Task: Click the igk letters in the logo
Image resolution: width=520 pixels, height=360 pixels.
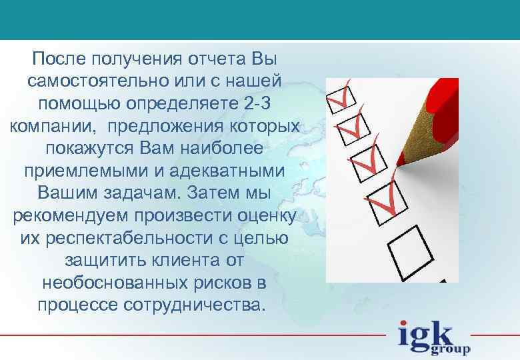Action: tap(425, 333)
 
